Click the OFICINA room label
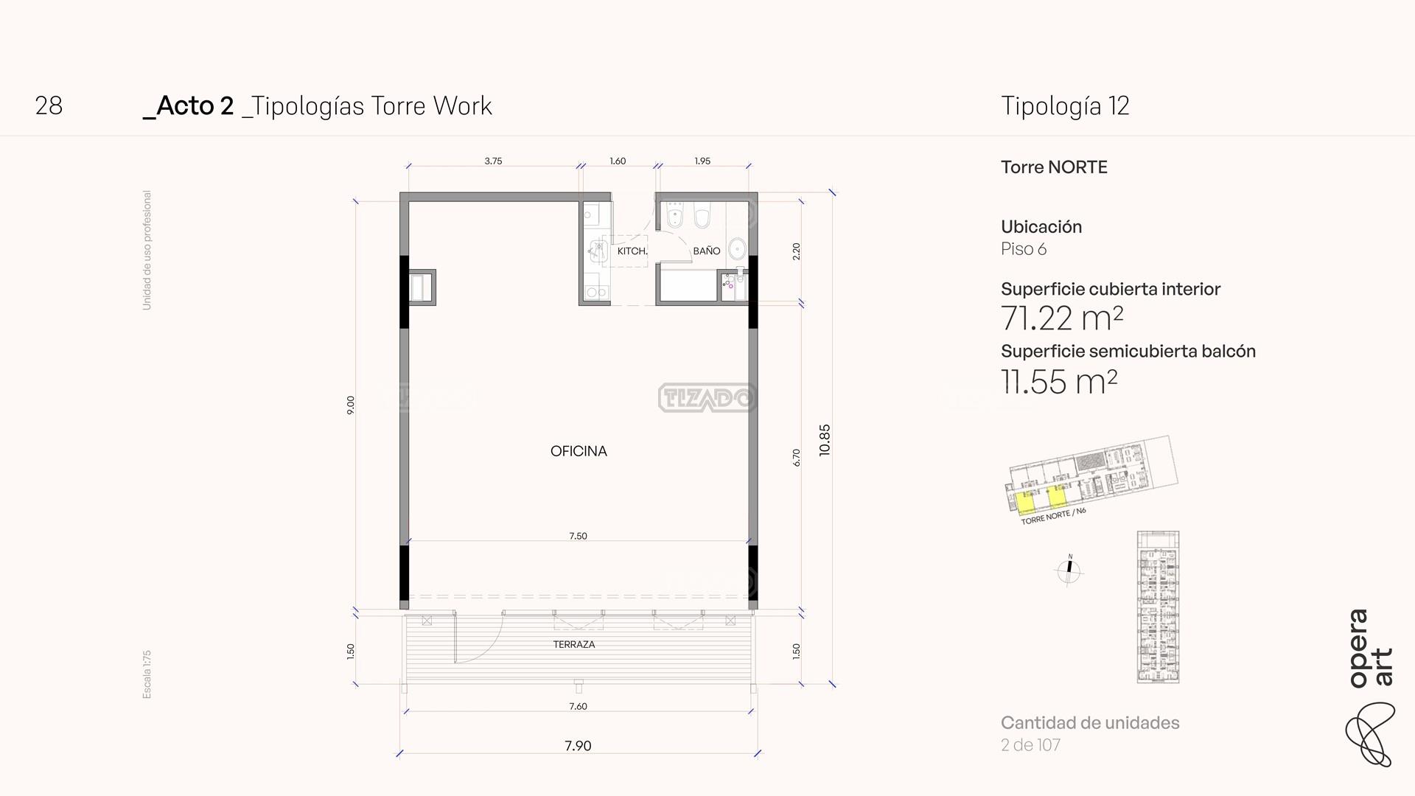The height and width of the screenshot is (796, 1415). [x=579, y=451]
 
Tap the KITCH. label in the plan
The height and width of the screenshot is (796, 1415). [x=632, y=251]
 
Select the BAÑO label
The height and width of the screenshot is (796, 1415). [x=706, y=251]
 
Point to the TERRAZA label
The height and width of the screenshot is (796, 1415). [x=574, y=644]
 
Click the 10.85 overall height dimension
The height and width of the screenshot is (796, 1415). [x=825, y=440]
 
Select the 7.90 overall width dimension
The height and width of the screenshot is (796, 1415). [x=578, y=746]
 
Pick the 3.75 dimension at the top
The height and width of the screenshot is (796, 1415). [x=493, y=161]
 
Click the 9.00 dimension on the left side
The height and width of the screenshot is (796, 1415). [x=351, y=405]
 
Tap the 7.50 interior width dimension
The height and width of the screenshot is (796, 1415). [x=578, y=536]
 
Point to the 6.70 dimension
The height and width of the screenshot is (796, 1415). [x=797, y=458]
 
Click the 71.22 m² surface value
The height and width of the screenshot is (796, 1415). [x=1062, y=318]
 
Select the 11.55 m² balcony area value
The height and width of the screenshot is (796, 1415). [x=1059, y=381]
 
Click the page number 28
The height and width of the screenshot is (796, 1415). [x=49, y=106]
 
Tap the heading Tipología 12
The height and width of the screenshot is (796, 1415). [x=1065, y=106]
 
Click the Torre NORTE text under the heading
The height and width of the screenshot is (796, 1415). [x=1054, y=167]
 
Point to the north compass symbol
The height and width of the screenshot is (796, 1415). [x=1069, y=569]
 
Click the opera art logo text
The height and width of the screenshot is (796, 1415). [x=1371, y=649]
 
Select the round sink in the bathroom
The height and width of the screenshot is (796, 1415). [x=737, y=248]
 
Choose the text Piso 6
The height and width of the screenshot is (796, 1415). [x=1024, y=249]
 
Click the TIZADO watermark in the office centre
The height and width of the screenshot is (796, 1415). [x=707, y=398]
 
